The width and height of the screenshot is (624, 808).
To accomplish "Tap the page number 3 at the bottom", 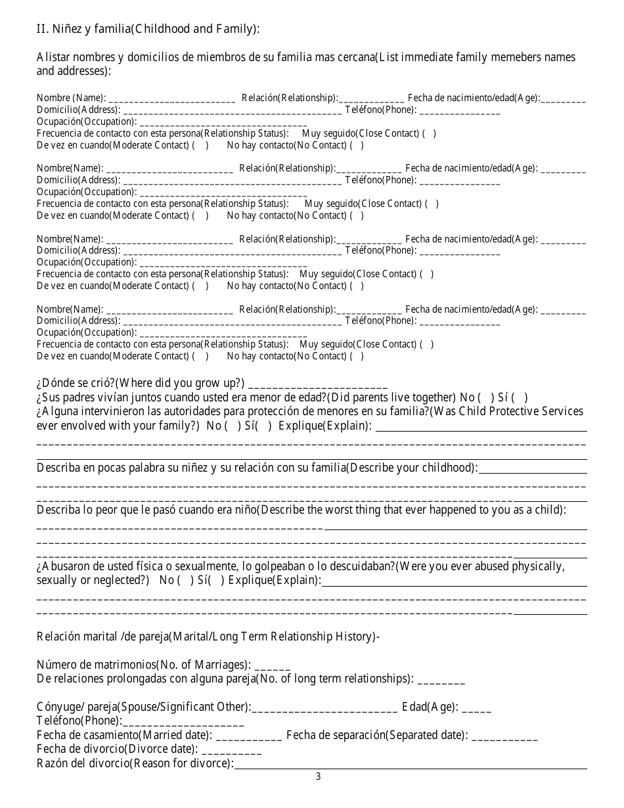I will tap(319, 776).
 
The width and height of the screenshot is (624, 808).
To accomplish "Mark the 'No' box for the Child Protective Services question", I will tap(233, 426).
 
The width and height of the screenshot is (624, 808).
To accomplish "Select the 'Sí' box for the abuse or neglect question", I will tap(217, 580).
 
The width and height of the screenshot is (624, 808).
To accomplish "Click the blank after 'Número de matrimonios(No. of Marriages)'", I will tap(272, 665).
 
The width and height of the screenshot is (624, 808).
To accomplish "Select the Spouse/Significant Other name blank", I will tap(324, 707).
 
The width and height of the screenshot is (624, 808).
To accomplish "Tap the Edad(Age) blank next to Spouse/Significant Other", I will tap(476, 707).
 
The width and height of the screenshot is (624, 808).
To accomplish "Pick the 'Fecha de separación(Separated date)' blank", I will tap(504, 735).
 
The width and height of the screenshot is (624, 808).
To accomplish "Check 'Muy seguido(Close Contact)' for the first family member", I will tap(428, 133).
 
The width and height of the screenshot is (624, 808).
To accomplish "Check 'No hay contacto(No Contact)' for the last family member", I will tap(356, 356).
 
